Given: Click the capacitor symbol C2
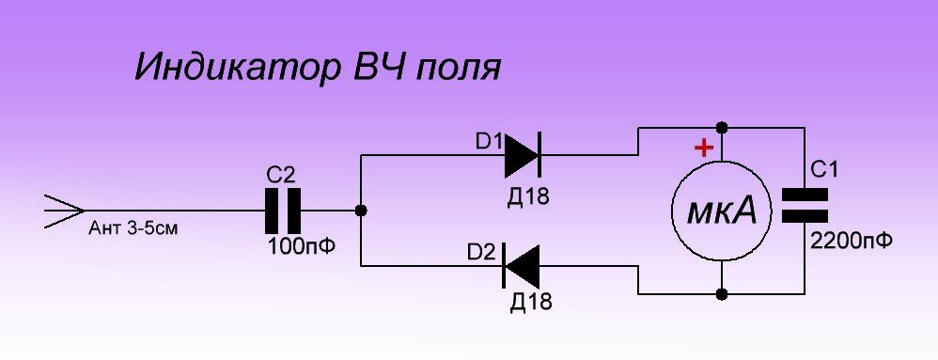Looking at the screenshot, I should pyautogui.click(x=282, y=211).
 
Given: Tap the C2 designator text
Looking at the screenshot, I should pyautogui.click(x=281, y=174).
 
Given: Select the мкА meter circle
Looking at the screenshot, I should pyautogui.click(x=721, y=212).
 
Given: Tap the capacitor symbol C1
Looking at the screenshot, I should pyautogui.click(x=805, y=206).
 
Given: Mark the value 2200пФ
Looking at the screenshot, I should pyautogui.click(x=850, y=240).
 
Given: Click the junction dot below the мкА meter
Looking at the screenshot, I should pyautogui.click(x=721, y=294).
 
